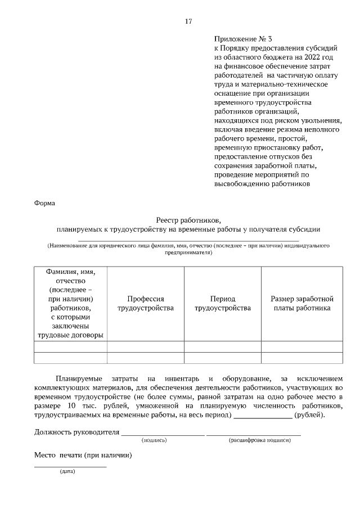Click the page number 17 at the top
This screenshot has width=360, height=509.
188,21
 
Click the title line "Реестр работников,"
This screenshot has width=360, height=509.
188,220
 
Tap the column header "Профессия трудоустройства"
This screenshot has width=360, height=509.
145,303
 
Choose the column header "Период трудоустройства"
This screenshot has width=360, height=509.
222,303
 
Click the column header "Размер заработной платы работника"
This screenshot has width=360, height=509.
302,303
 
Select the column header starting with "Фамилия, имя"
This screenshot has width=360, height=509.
70,303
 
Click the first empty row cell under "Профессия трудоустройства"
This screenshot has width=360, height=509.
145,346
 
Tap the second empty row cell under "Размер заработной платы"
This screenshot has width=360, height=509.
302,358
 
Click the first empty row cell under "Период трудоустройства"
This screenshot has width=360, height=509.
222,346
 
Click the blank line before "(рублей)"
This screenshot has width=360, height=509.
263,415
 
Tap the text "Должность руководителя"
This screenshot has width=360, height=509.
77,433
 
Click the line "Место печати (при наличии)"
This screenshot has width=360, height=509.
83,456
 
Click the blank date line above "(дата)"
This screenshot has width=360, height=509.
70,466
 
